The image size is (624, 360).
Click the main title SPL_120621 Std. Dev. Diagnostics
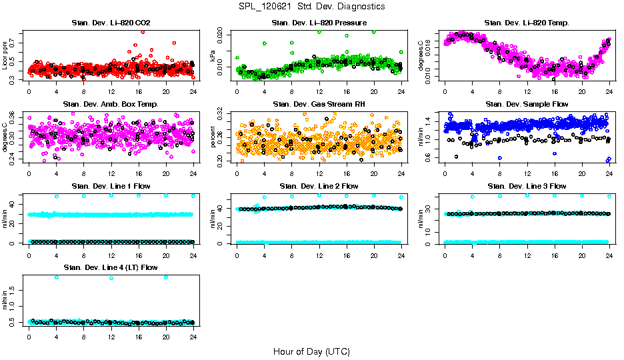(311, 7)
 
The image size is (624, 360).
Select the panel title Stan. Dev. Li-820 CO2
(111, 23)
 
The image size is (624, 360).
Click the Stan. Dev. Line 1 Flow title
(111, 186)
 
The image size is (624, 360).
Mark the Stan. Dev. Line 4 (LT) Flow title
(111, 267)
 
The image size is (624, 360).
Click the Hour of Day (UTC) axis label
(311, 351)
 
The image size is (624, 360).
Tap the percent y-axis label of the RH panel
(213, 137)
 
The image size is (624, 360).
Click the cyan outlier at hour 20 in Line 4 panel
(166, 277)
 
